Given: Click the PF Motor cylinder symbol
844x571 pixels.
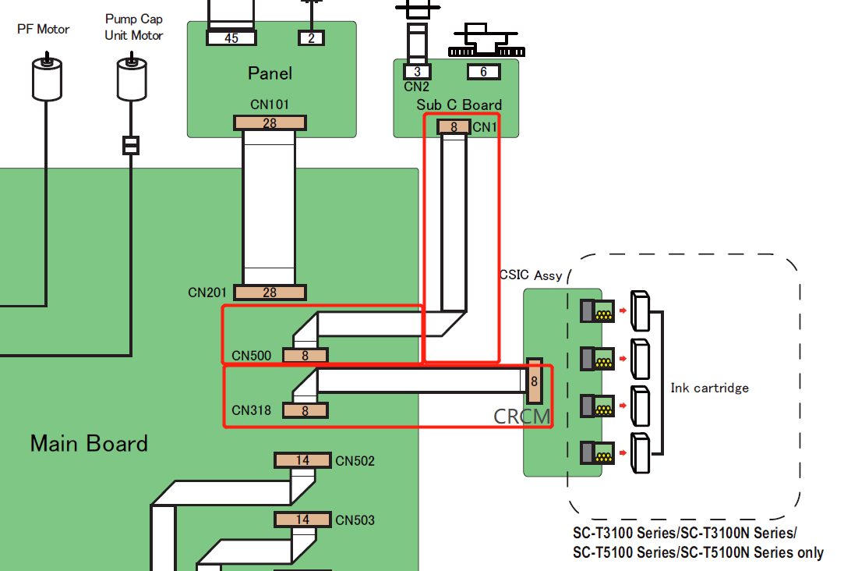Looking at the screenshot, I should (x=46, y=79).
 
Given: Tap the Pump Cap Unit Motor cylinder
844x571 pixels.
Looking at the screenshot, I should (x=131, y=79).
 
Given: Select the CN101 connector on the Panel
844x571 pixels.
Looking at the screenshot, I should (x=270, y=122).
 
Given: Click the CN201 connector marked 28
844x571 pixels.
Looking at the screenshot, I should (x=270, y=293).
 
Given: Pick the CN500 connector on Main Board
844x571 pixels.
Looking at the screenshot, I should (x=305, y=356).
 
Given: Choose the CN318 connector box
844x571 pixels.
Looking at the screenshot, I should (x=305, y=410).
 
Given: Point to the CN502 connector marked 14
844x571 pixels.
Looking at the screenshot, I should (x=302, y=460).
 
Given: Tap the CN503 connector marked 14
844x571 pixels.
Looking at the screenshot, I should (x=302, y=519).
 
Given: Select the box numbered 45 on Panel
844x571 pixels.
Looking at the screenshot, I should (x=231, y=37).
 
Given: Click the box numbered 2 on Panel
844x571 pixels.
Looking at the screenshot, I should (x=311, y=37).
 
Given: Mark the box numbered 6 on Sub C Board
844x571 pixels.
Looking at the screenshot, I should (x=483, y=72).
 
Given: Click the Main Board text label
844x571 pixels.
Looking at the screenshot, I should (x=89, y=444).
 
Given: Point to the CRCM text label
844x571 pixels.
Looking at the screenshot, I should (x=522, y=417).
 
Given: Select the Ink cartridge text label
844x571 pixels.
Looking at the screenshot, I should (x=709, y=388).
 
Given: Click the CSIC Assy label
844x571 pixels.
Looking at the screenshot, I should (x=531, y=275).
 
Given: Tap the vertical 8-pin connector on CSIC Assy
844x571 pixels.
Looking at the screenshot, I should (x=534, y=381).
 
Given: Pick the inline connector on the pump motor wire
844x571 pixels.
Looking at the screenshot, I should (x=131, y=145).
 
